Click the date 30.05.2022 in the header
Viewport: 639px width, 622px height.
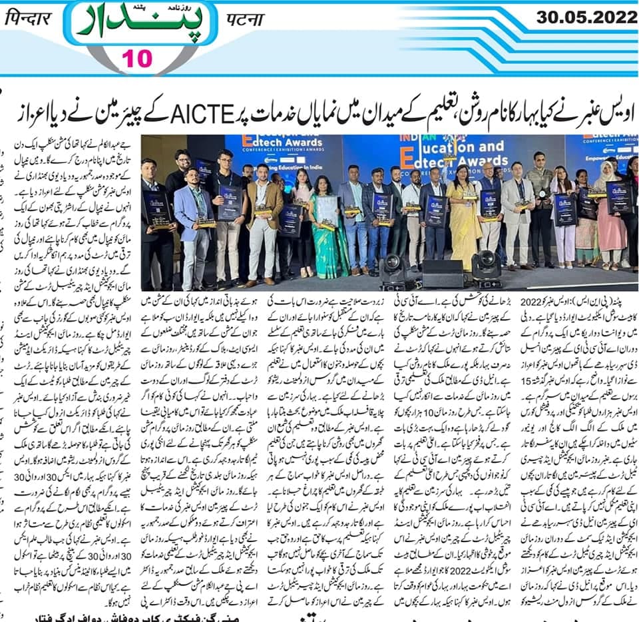(586, 17)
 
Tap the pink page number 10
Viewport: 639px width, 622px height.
(136, 60)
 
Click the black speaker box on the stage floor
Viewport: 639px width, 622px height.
(442, 273)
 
